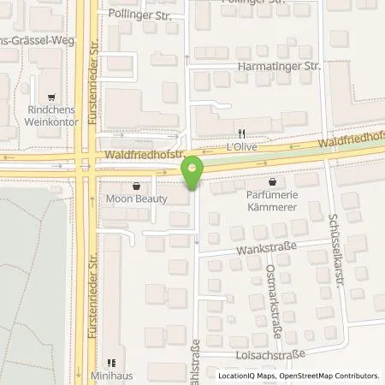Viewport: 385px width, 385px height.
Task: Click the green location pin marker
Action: (x=194, y=170)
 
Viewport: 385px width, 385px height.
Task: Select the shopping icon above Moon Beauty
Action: (x=135, y=185)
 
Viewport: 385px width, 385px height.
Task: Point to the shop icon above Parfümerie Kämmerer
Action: (x=273, y=181)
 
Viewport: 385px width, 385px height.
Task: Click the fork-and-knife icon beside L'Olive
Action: (x=242, y=133)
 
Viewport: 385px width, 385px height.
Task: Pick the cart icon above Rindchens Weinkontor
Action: (x=53, y=98)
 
